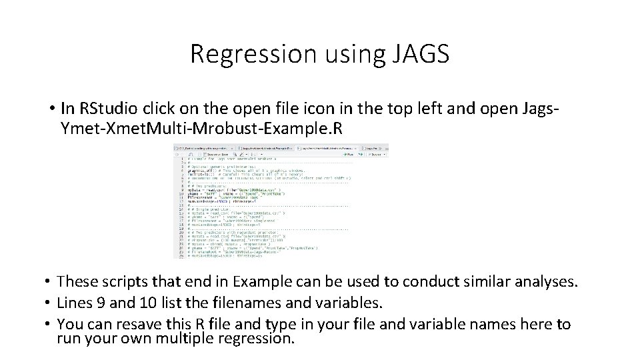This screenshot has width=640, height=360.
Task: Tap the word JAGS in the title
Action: pyautogui.click(x=420, y=54)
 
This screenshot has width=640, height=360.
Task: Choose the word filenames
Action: pyautogui.click(x=232, y=304)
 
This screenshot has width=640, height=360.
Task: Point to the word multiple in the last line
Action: pyautogui.click(x=189, y=338)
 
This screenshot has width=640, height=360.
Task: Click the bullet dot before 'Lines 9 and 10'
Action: pyautogui.click(x=49, y=304)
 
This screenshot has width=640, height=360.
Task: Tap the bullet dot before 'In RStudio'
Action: pyautogui.click(x=51, y=108)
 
